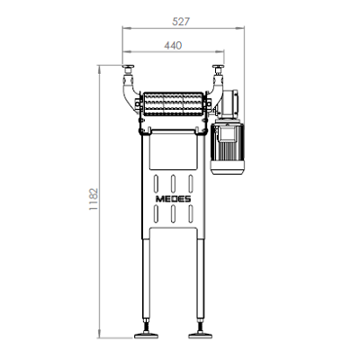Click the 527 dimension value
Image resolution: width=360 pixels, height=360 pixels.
(181, 22)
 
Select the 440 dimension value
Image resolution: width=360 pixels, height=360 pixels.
(173, 46)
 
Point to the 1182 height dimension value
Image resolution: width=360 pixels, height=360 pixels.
(94, 199)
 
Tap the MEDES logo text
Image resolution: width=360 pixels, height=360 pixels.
(174, 199)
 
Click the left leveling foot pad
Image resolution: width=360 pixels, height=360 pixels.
(146, 335)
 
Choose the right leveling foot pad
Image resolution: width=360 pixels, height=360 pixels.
(200, 335)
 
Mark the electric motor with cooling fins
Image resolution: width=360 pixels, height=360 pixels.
(228, 148)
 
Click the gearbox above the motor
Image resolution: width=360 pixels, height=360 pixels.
(229, 105)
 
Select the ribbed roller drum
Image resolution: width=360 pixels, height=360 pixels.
(173, 103)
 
